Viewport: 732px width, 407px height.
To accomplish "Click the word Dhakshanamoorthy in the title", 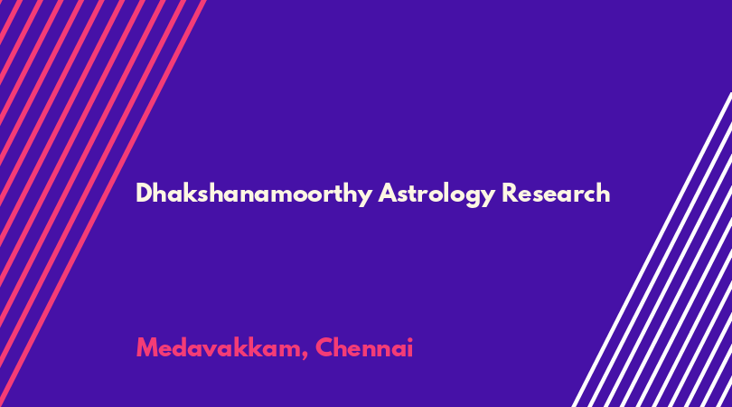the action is [x=254, y=194].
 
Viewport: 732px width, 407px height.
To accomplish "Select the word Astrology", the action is [x=436, y=194].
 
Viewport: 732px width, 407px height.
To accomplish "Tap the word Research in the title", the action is [x=556, y=193].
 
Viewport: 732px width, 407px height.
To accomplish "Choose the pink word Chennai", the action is [x=364, y=347].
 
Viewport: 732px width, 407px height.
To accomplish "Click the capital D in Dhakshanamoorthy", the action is [x=145, y=193].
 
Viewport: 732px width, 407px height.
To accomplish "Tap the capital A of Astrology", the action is [x=389, y=193].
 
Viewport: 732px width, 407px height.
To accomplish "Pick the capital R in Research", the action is [x=510, y=193].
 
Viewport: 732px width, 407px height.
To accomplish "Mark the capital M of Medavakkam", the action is [x=146, y=348].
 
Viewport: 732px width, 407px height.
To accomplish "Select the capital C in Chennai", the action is [x=324, y=348].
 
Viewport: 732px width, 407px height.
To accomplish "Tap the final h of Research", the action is [x=603, y=193].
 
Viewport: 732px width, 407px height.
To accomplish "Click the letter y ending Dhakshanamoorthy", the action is [x=364, y=197].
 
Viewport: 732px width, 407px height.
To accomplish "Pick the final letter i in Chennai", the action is [x=410, y=348].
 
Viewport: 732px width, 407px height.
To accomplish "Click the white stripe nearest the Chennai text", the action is [x=652, y=250].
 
